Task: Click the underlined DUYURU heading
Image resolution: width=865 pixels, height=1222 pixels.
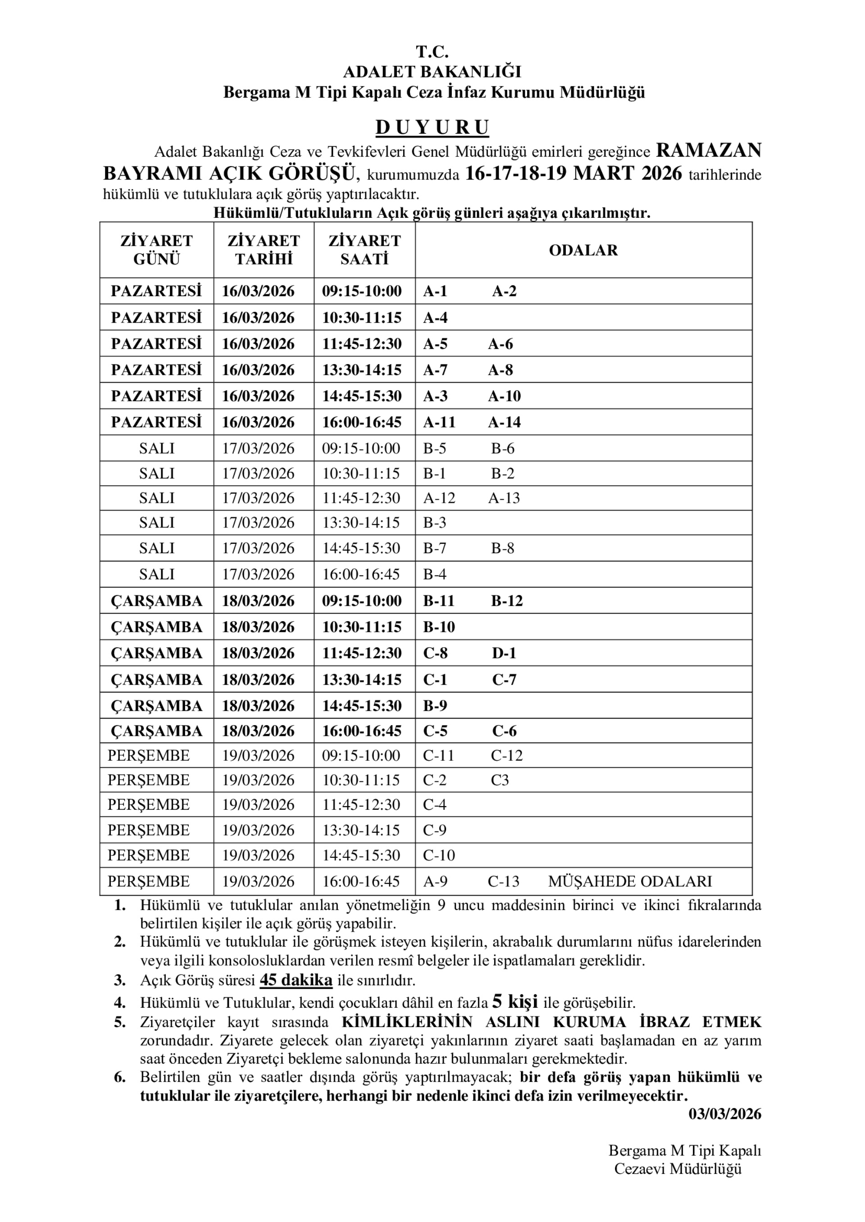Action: coord(432,128)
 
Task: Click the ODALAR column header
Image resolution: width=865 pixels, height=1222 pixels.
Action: coord(583,250)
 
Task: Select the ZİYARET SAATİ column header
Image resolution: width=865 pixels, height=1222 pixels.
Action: coord(364,250)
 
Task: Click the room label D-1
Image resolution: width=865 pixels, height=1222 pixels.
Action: coord(504,653)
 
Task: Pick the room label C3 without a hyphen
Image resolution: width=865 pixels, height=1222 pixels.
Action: coord(500,780)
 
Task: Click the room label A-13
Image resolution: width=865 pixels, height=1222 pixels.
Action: coord(503,498)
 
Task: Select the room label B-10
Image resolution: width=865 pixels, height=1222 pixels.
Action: coord(439,627)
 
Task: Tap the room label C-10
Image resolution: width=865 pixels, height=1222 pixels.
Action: coord(439,855)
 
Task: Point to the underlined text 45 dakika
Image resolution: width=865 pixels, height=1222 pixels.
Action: coord(296,980)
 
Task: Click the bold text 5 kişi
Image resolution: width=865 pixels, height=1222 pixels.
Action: coord(514,1002)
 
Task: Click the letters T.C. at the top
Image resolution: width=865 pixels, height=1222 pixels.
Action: coord(432,52)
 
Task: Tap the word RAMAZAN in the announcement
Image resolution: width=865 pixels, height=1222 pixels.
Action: coord(708,151)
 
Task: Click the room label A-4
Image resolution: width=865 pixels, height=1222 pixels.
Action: coord(435,318)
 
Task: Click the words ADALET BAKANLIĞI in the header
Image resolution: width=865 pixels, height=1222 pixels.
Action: coord(432,72)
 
